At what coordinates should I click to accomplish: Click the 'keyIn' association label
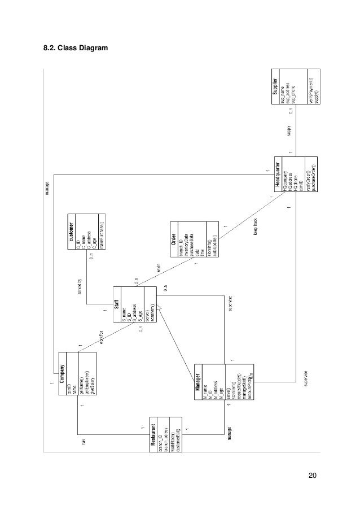159,269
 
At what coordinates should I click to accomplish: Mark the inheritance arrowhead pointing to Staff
160,308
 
